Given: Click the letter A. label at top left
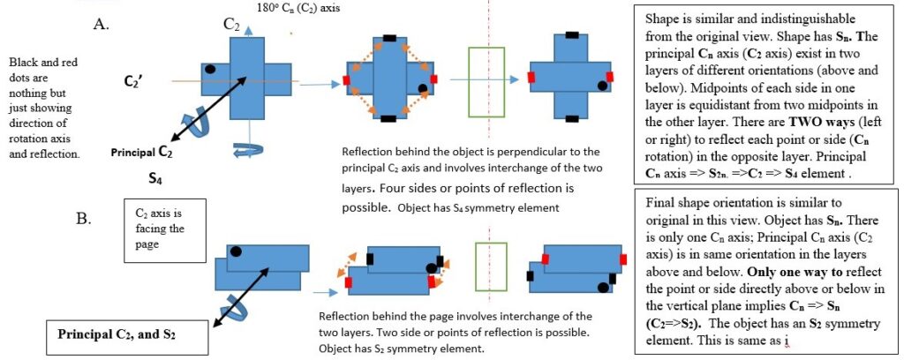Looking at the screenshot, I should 100,25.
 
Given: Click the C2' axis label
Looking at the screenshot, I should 135,81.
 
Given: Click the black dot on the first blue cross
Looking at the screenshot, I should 210,69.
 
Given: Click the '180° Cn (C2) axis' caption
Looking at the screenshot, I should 303,7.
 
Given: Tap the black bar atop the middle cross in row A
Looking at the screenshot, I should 390,38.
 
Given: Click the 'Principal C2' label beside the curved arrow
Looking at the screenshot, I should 142,153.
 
